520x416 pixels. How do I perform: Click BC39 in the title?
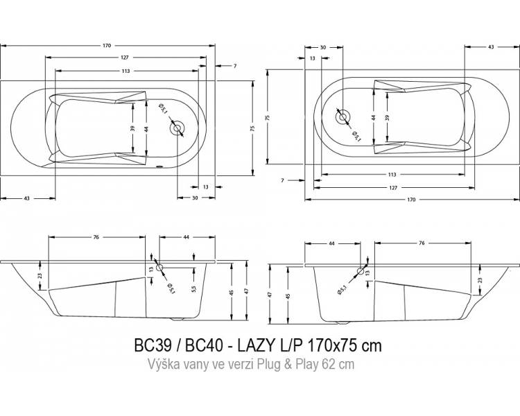(153, 345)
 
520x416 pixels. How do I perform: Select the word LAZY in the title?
(256, 345)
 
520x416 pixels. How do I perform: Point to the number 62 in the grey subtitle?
(329, 364)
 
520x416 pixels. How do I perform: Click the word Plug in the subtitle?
(268, 365)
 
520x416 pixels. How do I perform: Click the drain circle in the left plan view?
(178, 128)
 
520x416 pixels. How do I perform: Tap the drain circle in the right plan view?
(343, 117)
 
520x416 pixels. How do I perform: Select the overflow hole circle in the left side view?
(159, 268)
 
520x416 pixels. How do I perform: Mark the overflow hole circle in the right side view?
(361, 271)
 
